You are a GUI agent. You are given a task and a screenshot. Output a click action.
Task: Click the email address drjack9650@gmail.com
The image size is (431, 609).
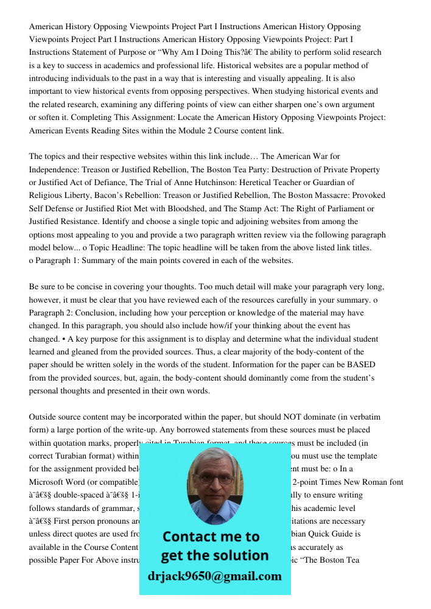tap(214, 576)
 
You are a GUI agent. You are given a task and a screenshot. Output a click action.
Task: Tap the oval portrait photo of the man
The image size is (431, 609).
tap(214, 485)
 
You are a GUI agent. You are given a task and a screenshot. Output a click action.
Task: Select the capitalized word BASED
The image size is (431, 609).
tap(361, 364)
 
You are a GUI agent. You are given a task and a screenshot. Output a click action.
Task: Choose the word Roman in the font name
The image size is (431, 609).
tap(372, 482)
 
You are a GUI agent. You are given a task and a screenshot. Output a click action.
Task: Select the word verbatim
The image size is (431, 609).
tap(363, 417)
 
